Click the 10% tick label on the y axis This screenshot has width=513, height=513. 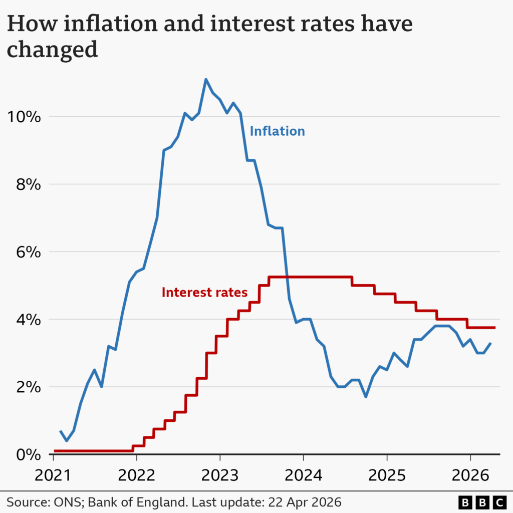[x=23, y=117]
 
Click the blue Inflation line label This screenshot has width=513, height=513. [x=277, y=131]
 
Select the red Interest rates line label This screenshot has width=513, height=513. [x=204, y=293]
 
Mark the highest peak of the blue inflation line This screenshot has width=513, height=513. [x=206, y=79]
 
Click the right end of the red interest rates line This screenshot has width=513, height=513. [x=494, y=328]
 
